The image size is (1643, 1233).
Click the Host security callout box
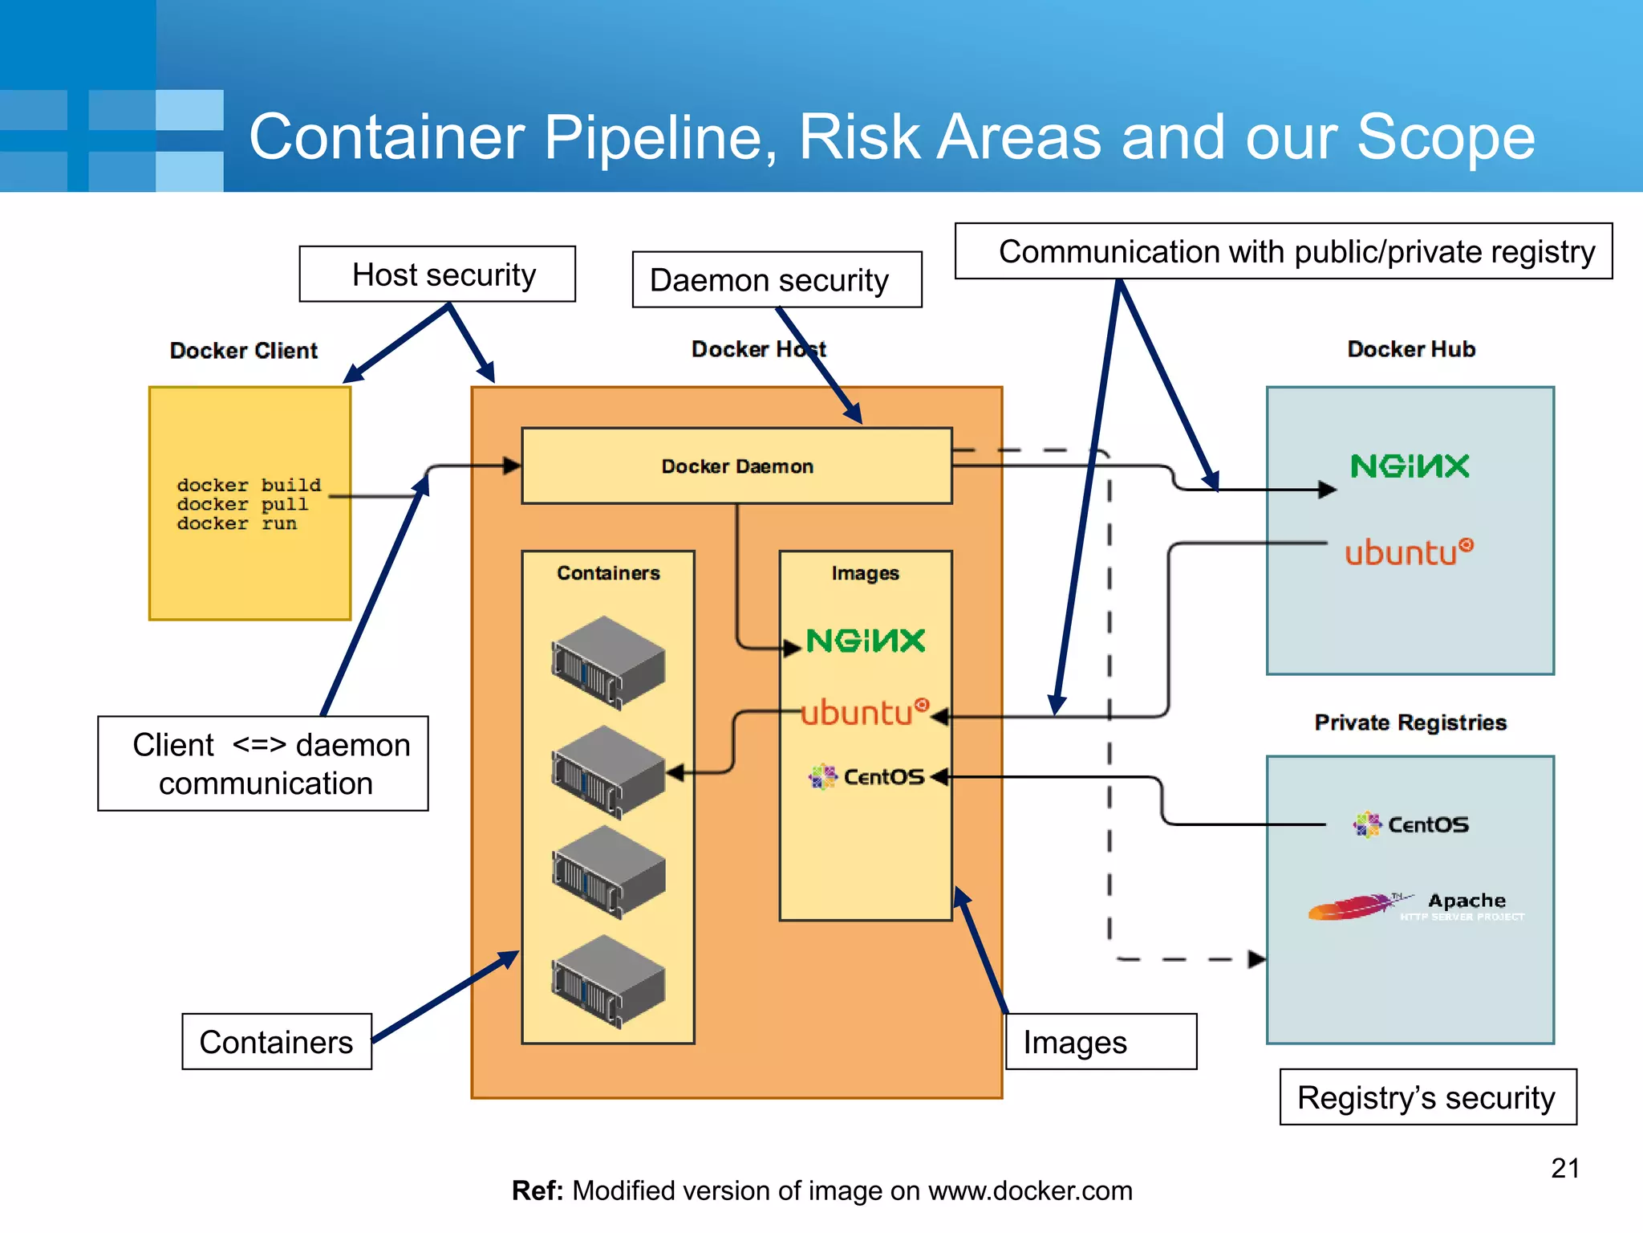coord(437,275)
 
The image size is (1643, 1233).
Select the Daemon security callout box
coord(776,280)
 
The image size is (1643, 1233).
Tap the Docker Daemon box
coord(736,466)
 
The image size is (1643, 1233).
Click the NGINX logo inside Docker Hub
coord(1410,466)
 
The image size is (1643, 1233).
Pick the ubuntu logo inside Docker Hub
coord(1409,552)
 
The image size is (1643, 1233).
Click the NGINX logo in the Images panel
coord(866,641)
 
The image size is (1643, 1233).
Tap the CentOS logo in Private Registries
coord(1411,824)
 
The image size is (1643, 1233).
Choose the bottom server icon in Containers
coord(608,981)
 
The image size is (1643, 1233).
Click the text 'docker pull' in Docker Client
coord(242,505)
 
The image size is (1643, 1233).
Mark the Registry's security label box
coord(1427,1097)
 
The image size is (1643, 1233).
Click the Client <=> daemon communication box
coord(263,763)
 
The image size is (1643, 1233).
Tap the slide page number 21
coord(1564,1168)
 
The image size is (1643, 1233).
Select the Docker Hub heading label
coord(1410,349)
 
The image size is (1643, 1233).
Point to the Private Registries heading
coord(1410,722)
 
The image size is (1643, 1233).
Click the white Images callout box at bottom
coord(1101,1042)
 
